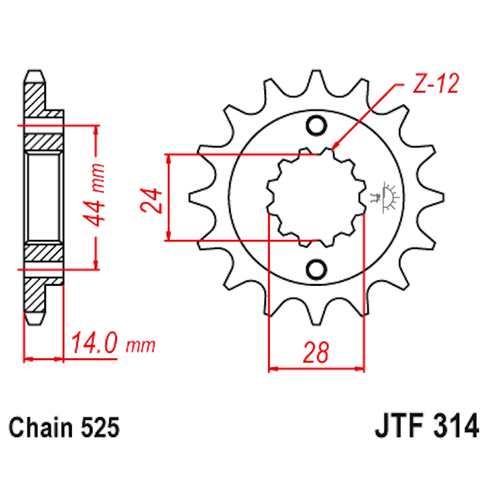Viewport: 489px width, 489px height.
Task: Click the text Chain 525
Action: [x=65, y=427]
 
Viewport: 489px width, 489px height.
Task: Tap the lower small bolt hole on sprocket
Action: [x=314, y=269]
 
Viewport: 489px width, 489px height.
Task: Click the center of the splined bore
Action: [x=315, y=198]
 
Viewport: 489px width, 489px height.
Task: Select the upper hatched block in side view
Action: [x=44, y=141]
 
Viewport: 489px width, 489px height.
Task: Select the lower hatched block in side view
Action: [x=44, y=254]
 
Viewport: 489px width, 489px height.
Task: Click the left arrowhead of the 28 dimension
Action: [x=274, y=368]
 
